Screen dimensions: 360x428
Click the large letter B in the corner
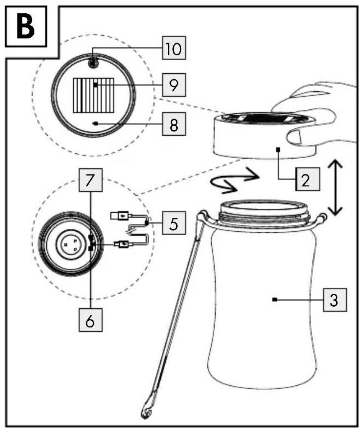pyautogui.click(x=25, y=27)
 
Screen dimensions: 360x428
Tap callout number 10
pyautogui.click(x=174, y=48)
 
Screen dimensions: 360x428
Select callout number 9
pyautogui.click(x=174, y=85)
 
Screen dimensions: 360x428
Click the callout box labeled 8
pyautogui.click(x=174, y=124)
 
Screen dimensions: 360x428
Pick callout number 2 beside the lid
pyautogui.click(x=307, y=179)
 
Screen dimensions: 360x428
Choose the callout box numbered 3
pyautogui.click(x=335, y=300)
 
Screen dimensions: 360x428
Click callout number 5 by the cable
pyautogui.click(x=174, y=223)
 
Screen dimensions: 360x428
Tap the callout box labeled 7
pyautogui.click(x=91, y=180)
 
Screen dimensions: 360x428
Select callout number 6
pyautogui.click(x=91, y=320)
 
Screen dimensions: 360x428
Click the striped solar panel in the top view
pyautogui.click(x=93, y=95)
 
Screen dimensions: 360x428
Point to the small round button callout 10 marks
pyautogui.click(x=93, y=63)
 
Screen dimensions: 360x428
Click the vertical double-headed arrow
pyautogui.click(x=335, y=188)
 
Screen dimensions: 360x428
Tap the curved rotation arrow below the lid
pyautogui.click(x=235, y=181)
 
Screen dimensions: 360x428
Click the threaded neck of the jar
pyautogui.click(x=264, y=214)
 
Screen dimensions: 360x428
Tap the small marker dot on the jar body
pyautogui.click(x=275, y=300)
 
